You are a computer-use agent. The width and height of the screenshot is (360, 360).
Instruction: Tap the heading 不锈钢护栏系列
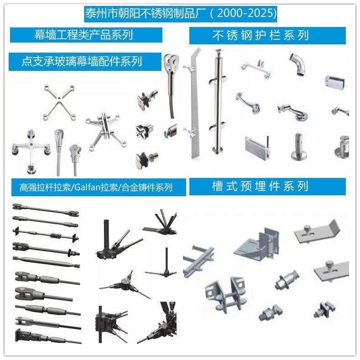[261, 36]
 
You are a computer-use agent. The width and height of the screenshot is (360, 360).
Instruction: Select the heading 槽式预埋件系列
[260, 186]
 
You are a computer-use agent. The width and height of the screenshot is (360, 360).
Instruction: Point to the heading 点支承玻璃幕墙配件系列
[81, 61]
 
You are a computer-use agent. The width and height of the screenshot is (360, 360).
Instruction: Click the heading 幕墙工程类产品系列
[84, 35]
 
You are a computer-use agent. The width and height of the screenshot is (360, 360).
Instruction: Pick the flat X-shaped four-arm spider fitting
[59, 102]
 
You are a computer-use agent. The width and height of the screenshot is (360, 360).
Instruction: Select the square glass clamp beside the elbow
[335, 83]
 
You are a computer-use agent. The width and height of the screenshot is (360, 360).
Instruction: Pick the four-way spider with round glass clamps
[31, 150]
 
